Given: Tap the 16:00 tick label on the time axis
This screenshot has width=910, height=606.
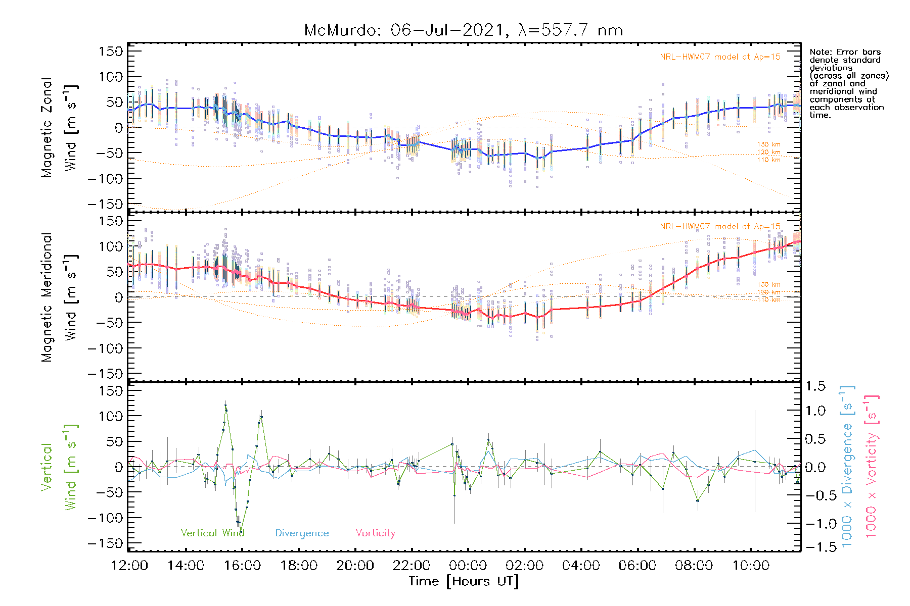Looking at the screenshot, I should click(x=242, y=566).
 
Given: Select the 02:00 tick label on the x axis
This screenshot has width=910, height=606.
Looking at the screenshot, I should click(x=525, y=566).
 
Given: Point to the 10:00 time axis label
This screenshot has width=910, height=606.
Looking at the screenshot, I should click(x=751, y=566).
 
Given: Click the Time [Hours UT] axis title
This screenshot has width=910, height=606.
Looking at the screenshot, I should click(x=464, y=581).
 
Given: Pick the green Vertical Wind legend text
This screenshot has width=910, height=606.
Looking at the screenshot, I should click(x=212, y=533).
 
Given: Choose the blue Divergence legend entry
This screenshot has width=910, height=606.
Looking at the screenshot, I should click(x=302, y=533).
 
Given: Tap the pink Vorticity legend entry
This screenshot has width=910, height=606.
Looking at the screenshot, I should click(x=375, y=533).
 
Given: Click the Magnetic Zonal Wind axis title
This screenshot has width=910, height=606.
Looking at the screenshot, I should click(x=59, y=127).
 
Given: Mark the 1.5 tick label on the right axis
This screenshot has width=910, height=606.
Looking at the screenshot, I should click(x=815, y=386).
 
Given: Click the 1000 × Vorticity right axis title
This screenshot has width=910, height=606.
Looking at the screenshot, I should click(x=871, y=467).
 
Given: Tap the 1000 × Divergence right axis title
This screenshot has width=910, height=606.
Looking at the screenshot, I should click(x=847, y=467).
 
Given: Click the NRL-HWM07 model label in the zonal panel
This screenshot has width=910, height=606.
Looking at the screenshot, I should click(x=720, y=57).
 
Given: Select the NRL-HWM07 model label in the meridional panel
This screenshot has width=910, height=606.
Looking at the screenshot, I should click(x=720, y=227).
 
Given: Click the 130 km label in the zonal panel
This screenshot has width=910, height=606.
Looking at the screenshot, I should click(x=768, y=144).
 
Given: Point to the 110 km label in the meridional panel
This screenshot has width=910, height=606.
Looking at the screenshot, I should click(x=768, y=300).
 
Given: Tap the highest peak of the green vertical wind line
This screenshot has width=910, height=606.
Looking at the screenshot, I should click(x=225, y=404).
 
